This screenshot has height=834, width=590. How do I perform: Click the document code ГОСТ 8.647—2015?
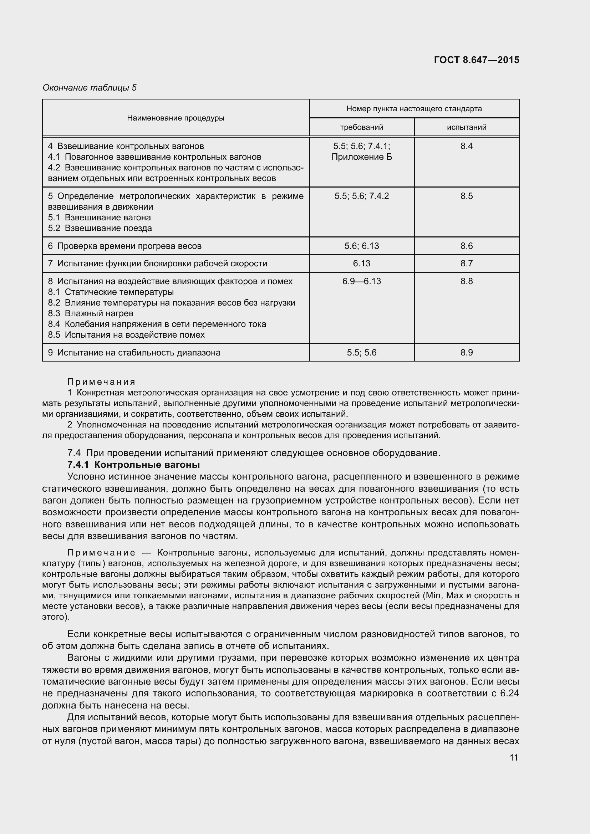[x=476, y=60]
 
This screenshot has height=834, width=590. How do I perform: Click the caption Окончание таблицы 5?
[x=90, y=88]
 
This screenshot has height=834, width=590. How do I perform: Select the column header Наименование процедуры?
[x=176, y=118]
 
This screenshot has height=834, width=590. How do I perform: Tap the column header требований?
[x=361, y=128]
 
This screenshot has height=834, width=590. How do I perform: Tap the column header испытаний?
[x=467, y=128]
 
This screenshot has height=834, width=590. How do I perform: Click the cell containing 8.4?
[x=467, y=147]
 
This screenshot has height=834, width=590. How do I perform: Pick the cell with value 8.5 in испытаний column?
[x=467, y=196]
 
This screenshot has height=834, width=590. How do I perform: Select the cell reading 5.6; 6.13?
[x=361, y=246]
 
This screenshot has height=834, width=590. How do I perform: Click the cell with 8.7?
[x=467, y=263]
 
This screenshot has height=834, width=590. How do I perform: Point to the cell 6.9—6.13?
[x=361, y=281]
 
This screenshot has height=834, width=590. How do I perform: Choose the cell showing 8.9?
[x=467, y=352]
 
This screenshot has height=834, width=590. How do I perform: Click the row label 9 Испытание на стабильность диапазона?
[x=134, y=352]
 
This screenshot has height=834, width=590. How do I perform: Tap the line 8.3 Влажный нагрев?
[x=91, y=313]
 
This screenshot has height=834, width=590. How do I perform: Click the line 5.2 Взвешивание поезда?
[x=100, y=228]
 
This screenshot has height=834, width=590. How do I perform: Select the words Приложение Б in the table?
[x=361, y=157]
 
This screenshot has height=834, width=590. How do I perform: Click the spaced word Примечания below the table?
[x=101, y=382]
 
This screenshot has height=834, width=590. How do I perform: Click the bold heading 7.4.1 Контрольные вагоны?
[x=134, y=465]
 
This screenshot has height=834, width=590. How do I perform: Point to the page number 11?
[x=514, y=757]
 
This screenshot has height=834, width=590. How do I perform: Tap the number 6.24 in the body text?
[x=509, y=694]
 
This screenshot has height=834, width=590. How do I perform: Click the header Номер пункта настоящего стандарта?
[x=414, y=109]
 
